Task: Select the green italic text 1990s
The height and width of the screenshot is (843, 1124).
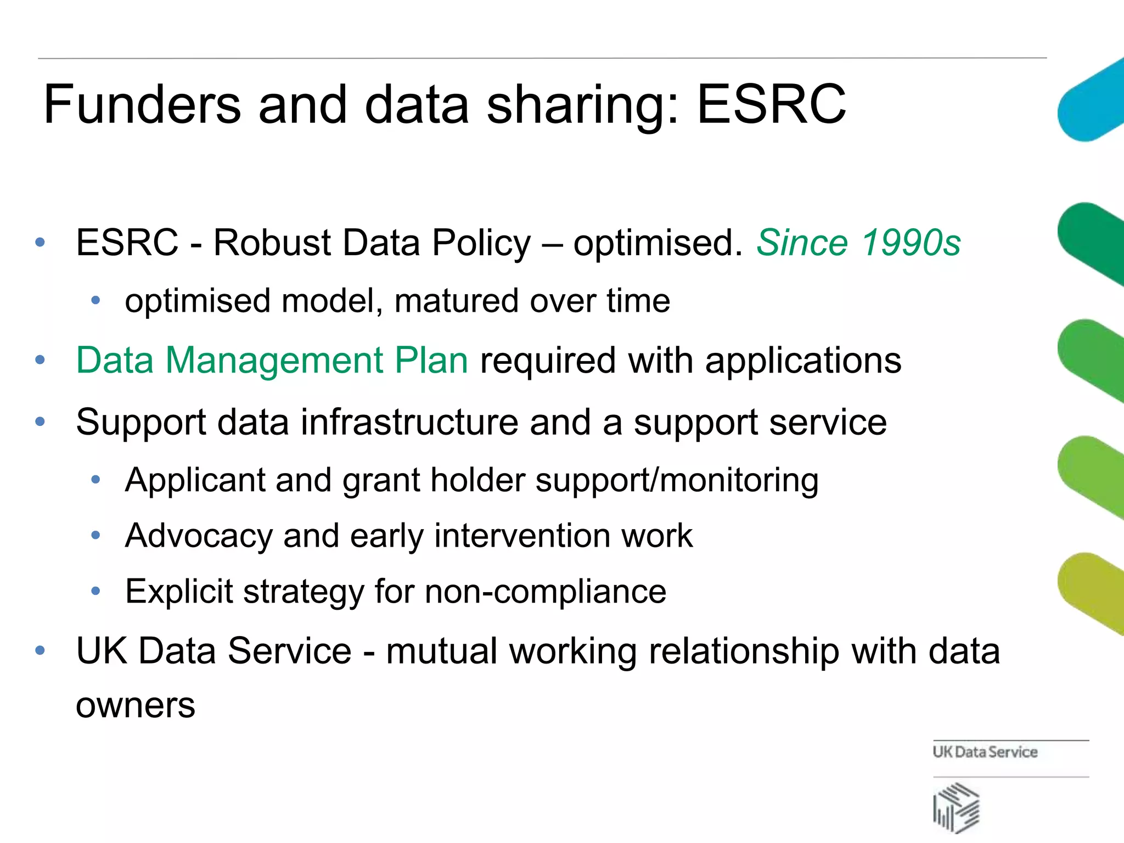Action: pyautogui.click(x=911, y=243)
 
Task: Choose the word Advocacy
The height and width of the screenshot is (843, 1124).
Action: pyautogui.click(x=199, y=536)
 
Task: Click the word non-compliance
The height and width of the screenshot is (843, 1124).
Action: pyautogui.click(x=546, y=592)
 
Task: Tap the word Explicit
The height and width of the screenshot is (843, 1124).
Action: pyautogui.click(x=179, y=592)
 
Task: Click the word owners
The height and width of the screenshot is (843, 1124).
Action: pyautogui.click(x=136, y=705)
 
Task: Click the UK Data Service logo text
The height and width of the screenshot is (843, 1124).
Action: pyautogui.click(x=985, y=752)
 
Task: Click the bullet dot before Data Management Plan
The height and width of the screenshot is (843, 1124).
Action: pyautogui.click(x=40, y=361)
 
